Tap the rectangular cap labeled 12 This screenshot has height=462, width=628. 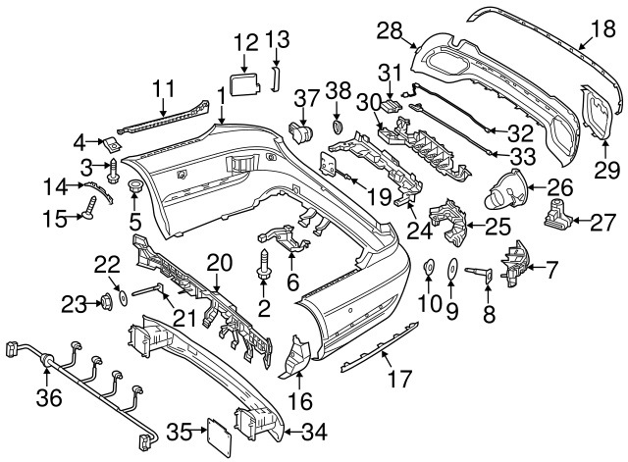pos(244,78)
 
